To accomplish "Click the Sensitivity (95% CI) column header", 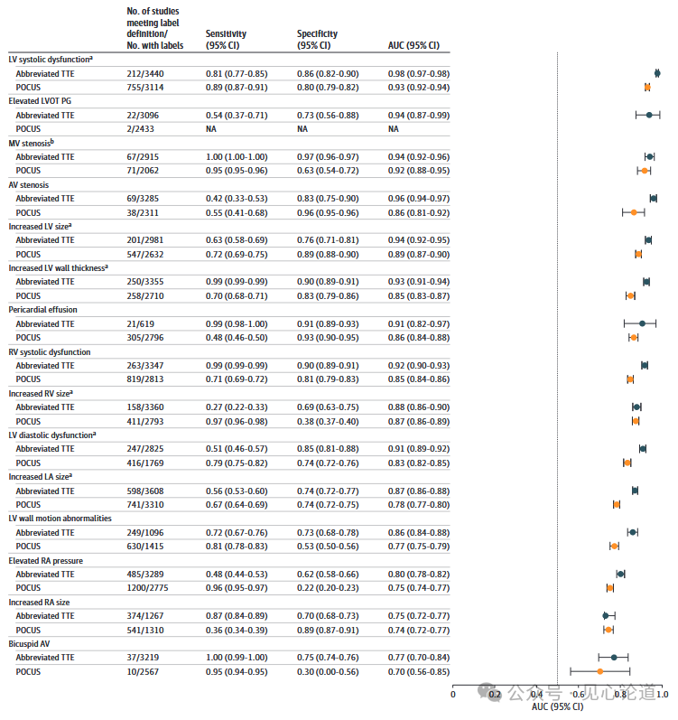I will [226, 39].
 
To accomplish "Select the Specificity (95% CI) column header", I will [317, 39].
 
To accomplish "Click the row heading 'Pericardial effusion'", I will [42, 310].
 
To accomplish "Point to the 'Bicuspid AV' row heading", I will [30, 644].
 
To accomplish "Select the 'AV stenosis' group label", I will [28, 184].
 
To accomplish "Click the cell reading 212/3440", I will [146, 73].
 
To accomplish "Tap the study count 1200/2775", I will [149, 588].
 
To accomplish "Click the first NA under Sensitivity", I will [211, 129].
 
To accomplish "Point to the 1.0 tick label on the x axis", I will [662, 694].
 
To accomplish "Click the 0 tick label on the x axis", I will [453, 694].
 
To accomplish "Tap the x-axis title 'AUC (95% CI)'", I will [557, 706].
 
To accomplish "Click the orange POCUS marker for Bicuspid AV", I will [599, 671].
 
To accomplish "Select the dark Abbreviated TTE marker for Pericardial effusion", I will [641, 323].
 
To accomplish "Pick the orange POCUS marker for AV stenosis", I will [634, 212].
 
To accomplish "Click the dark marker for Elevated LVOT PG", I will [648, 115].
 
